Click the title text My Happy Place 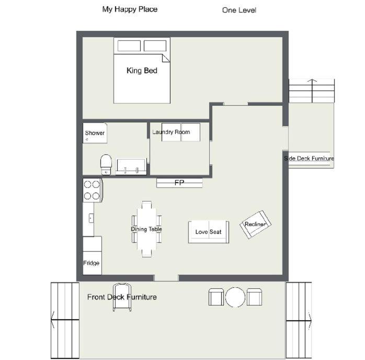[130, 9]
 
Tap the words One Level [239, 10]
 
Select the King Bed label [142, 71]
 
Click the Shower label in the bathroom [95, 133]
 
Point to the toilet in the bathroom [106, 164]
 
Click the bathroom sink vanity [131, 167]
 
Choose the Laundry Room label [171, 132]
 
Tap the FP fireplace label [179, 183]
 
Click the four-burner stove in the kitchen [93, 190]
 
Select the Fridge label [91, 263]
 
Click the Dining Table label [146, 229]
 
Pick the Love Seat [209, 232]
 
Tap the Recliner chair [255, 224]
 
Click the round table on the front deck [235, 297]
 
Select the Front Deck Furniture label [122, 297]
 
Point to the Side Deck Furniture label [309, 159]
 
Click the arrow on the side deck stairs [312, 91]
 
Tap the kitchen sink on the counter [91, 218]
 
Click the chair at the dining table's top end [146, 205]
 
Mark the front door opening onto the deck [166, 278]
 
